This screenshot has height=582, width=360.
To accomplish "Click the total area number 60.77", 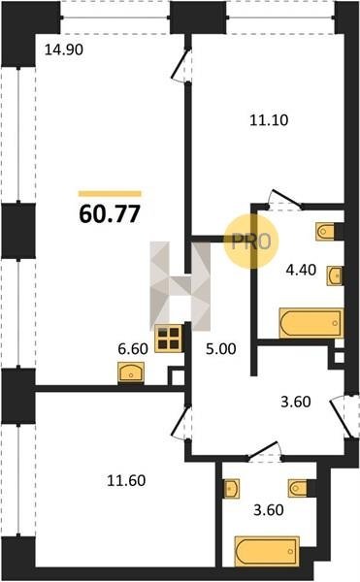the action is click(x=110, y=214).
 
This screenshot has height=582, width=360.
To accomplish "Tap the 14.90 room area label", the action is click(x=63, y=49).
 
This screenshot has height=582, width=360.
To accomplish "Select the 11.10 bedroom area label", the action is click(x=269, y=120).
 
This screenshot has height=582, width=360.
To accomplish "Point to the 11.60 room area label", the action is click(x=126, y=480).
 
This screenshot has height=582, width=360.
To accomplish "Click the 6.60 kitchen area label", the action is click(x=133, y=348).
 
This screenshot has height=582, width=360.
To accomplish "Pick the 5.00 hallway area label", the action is click(x=221, y=349).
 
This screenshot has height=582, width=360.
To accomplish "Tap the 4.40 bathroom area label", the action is click(x=301, y=270).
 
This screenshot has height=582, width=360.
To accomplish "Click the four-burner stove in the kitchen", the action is click(x=168, y=339).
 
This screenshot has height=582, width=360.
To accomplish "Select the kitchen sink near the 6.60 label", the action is click(x=131, y=372).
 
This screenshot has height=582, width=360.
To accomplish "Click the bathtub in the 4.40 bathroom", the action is click(x=311, y=323).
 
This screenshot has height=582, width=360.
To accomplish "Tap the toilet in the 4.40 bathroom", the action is click(x=325, y=232).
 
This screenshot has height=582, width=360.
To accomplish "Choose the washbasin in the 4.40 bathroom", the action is click(x=335, y=275).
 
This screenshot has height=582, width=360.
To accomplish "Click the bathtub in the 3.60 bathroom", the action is click(x=267, y=551).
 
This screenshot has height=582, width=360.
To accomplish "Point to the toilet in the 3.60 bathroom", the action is click(x=298, y=488).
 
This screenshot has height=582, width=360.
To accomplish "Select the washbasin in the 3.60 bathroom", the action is click(x=232, y=488).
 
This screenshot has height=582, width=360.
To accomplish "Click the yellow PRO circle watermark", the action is click(x=251, y=242).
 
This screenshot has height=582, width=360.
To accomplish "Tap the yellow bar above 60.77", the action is click(x=110, y=193).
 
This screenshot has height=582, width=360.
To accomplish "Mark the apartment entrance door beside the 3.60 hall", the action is click(x=341, y=417).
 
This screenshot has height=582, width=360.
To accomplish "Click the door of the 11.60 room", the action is click(x=181, y=423).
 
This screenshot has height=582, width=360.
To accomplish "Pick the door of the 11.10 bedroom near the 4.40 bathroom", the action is click(x=285, y=199).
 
